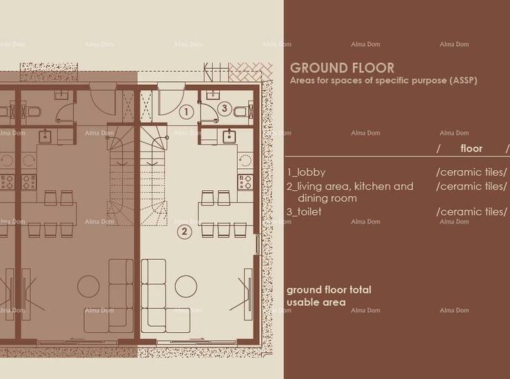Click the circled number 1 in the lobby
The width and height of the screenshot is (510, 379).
[186, 112]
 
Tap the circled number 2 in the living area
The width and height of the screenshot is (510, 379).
[185, 232]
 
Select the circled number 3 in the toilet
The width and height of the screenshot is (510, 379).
[225, 108]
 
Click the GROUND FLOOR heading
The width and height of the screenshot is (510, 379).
[342, 68]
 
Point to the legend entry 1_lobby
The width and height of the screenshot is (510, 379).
[306, 172]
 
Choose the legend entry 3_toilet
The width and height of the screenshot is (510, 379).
[304, 212]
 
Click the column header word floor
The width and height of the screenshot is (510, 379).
[471, 149]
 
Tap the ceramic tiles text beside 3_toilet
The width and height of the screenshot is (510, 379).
[471, 212]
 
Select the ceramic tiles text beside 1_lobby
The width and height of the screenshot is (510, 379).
[471, 172]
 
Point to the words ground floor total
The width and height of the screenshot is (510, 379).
[329, 289]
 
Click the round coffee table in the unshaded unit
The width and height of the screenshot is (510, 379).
[185, 287]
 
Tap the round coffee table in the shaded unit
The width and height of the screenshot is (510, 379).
[88, 287]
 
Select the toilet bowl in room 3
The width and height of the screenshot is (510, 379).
[241, 112]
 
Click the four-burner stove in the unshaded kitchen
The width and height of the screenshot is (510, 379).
[245, 182]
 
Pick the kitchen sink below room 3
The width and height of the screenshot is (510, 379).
[229, 136]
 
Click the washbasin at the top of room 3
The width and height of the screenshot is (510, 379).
[213, 95]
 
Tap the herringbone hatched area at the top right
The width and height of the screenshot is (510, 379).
[250, 72]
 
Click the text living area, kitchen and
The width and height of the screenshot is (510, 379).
[350, 187]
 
